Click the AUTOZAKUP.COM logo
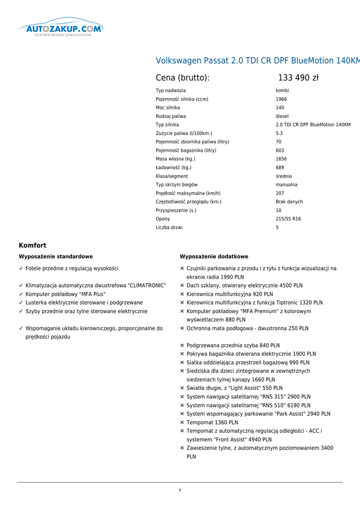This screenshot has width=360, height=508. coord(61,29)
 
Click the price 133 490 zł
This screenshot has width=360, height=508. coord(298,78)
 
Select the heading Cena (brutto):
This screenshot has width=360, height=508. coord(183,78)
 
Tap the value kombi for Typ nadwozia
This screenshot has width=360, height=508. coord(283,91)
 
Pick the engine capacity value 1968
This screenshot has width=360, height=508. coord(281,99)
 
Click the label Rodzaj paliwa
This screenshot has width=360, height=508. coord(171,116)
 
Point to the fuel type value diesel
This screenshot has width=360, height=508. coord(282,116)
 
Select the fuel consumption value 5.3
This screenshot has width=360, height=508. coord(279,133)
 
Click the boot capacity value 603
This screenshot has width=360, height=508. coord(280,150)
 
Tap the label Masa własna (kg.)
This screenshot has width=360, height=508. coord(175,159)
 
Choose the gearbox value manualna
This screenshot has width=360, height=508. coord(287,185)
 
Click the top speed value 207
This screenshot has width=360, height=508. coord(280,193)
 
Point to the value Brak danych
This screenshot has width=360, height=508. coord(289,202)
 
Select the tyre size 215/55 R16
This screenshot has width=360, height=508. coord(288,219)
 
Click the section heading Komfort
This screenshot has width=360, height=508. coord(33,246)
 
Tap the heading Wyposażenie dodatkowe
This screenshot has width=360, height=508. coord(214,256)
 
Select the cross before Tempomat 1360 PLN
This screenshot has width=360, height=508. coord(182,423)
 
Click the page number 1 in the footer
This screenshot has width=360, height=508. coord(180,491)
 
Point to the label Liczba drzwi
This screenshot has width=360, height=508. coord(169,228)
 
